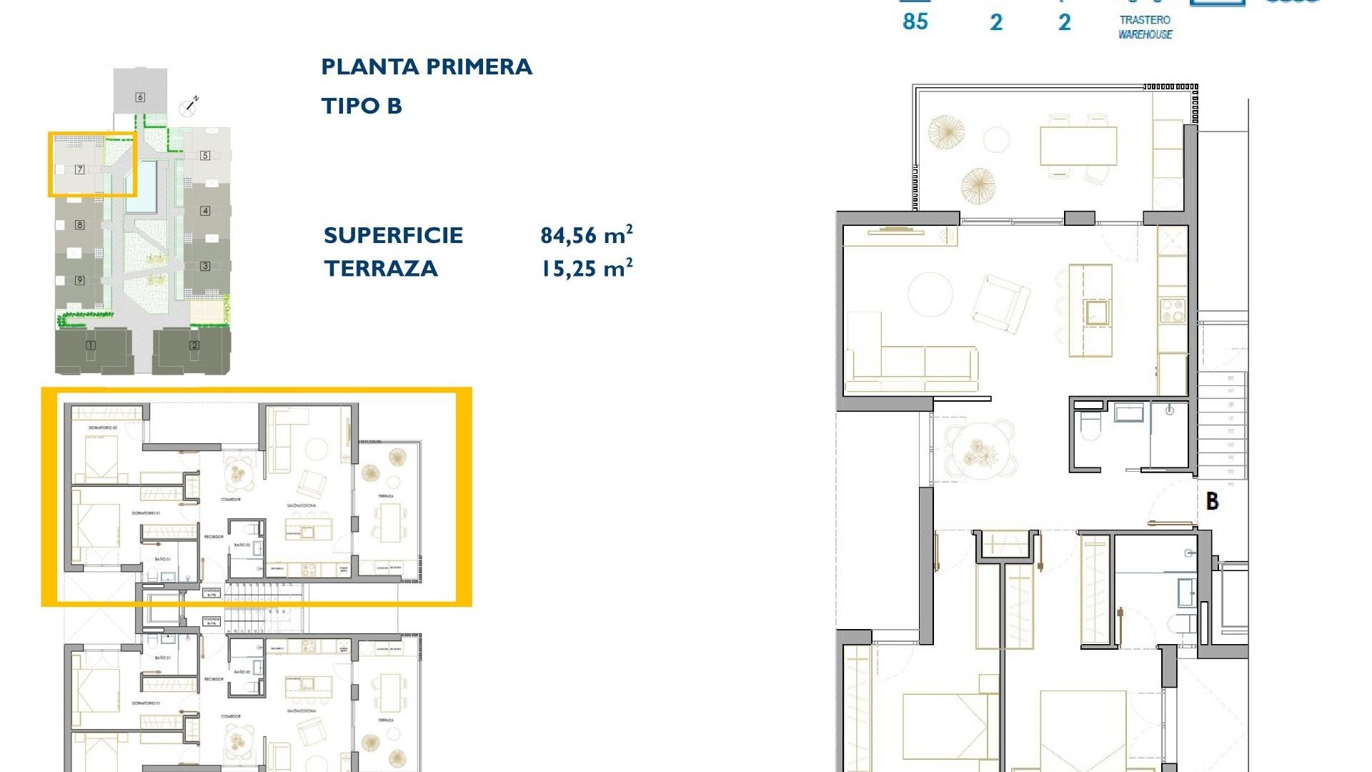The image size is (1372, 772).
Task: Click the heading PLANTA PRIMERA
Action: click(x=427, y=67)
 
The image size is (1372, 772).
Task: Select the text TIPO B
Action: click(x=362, y=107)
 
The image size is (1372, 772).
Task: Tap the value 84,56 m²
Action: click(x=586, y=234)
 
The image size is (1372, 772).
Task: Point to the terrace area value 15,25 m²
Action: click(x=586, y=268)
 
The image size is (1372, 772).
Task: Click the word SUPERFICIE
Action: click(x=393, y=235)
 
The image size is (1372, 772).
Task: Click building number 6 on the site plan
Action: click(x=140, y=97)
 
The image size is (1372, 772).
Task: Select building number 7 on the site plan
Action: click(x=80, y=169)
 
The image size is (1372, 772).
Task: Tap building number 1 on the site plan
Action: click(x=91, y=345)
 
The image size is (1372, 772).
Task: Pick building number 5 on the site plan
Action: click(x=205, y=155)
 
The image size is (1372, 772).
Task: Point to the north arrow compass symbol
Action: click(x=189, y=106)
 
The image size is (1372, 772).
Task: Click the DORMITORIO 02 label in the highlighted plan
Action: click(x=103, y=427)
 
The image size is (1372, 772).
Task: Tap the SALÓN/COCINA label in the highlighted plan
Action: click(x=301, y=505)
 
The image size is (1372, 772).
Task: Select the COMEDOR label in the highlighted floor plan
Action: click(x=231, y=500)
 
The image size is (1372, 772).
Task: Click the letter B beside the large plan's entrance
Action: click(x=1212, y=501)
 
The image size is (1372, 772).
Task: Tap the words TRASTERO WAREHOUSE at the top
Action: click(x=1145, y=27)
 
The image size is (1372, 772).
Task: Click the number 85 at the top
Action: click(x=915, y=22)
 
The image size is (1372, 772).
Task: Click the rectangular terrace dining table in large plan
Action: click(x=1078, y=146)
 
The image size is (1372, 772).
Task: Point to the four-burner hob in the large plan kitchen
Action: click(x=1172, y=310)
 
